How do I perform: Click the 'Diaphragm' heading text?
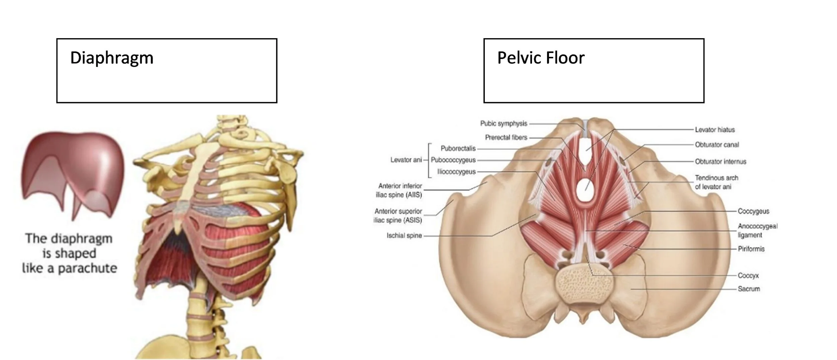(x=111, y=58)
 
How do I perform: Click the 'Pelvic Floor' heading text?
(x=541, y=58)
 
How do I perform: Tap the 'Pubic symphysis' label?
(x=504, y=124)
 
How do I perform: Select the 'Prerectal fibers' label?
(x=506, y=137)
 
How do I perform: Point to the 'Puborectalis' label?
(x=458, y=148)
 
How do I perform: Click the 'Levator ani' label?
(x=406, y=160)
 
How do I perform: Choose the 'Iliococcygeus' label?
(x=456, y=172)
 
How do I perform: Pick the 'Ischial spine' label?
(x=404, y=236)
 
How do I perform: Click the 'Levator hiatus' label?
(x=714, y=130)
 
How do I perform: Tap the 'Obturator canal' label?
(x=717, y=145)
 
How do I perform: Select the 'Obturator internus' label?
(x=720, y=161)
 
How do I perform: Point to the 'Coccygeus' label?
(x=753, y=211)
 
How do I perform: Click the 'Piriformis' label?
(x=751, y=249)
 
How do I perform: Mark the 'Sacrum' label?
(x=749, y=289)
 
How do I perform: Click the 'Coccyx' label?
(x=748, y=276)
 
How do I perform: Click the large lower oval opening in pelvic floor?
(x=586, y=190)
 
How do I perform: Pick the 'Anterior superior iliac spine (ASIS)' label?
(x=398, y=216)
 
